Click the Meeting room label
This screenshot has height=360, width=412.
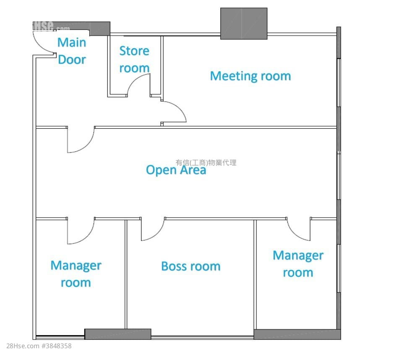250,76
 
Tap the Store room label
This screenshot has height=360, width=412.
134,60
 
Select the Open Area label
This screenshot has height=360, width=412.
176,170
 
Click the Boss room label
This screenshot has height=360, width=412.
191,266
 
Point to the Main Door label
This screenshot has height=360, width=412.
72,51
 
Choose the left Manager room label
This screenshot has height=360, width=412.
76,274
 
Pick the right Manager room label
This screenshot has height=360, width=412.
298,264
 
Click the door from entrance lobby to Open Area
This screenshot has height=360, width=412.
86,145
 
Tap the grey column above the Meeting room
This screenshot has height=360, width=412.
244,23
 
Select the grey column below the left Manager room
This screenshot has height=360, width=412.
118,334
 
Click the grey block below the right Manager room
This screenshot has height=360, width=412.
297,334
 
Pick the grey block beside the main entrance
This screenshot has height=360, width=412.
100,28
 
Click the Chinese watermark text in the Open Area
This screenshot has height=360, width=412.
206,163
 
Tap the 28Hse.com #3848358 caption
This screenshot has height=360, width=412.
39,346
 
